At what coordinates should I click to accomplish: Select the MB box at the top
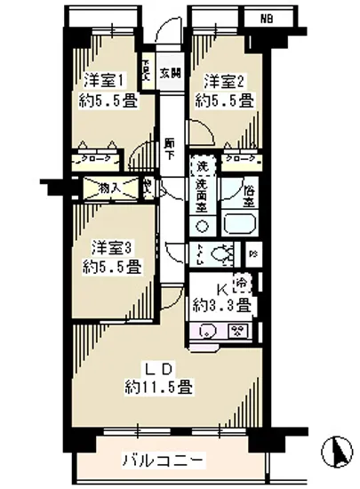click(268, 17)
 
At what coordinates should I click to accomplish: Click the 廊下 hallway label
click(169, 148)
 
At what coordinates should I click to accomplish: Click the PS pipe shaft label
click(253, 255)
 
